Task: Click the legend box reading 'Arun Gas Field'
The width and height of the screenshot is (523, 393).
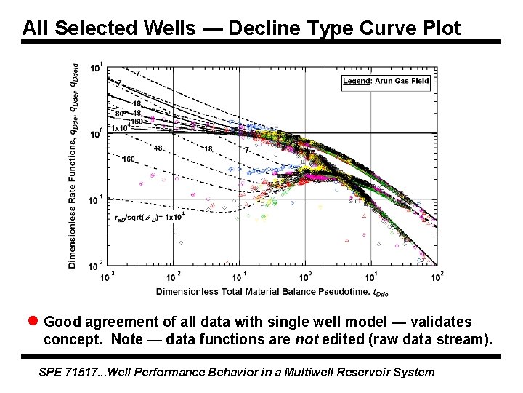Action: (x=386, y=81)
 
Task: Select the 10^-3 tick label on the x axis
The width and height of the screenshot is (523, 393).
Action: (x=106, y=277)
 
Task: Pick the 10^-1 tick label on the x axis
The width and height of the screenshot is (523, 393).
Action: (x=239, y=277)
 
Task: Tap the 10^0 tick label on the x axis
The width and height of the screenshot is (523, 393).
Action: (x=306, y=277)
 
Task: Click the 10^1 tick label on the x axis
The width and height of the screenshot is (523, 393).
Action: (x=371, y=277)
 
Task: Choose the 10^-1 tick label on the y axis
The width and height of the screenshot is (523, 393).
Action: (x=95, y=200)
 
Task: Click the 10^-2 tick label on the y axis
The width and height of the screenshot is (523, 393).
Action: (x=95, y=266)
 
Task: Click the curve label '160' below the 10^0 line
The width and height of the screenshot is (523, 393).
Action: (x=129, y=159)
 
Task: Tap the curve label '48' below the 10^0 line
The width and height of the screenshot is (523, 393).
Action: (x=158, y=148)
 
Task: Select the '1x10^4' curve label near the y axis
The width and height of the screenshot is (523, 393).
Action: (x=121, y=127)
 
